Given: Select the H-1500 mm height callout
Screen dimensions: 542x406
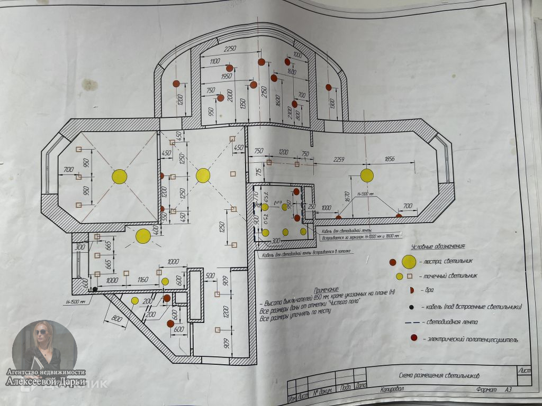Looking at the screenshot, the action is tap(75, 302).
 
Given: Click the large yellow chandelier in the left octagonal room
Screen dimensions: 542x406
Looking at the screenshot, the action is tap(120, 176).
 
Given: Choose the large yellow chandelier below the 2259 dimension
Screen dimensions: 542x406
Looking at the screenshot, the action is tap(367, 175).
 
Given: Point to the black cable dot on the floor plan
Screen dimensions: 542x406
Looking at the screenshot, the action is tap(94, 289).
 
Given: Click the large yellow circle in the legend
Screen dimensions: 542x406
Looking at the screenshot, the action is tap(409, 261).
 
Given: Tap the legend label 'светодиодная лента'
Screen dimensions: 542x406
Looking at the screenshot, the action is tap(455, 322).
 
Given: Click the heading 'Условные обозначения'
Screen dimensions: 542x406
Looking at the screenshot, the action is tap(438, 247).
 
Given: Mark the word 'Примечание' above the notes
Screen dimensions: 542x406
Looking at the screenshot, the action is tap(326, 291).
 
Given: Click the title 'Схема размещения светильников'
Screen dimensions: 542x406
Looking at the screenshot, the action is tap(439, 376).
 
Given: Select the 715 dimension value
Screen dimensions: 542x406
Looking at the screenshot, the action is tap(259, 171).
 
